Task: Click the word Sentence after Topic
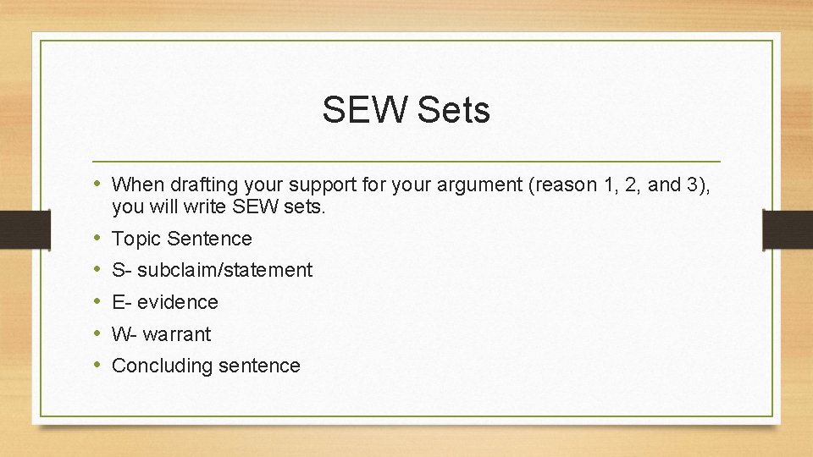pos(209,239)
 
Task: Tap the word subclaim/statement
pos(224,271)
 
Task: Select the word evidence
pos(178,302)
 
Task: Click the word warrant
pos(176,334)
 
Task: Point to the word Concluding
pos(162,366)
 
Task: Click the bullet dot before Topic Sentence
pos(98,239)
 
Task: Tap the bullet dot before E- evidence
pos(98,302)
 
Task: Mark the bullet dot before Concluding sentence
pos(98,366)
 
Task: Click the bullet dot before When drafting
pos(98,184)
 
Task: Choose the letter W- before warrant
pos(124,334)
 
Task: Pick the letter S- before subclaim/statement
pos(121,271)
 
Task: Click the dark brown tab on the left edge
pos(14,229)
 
